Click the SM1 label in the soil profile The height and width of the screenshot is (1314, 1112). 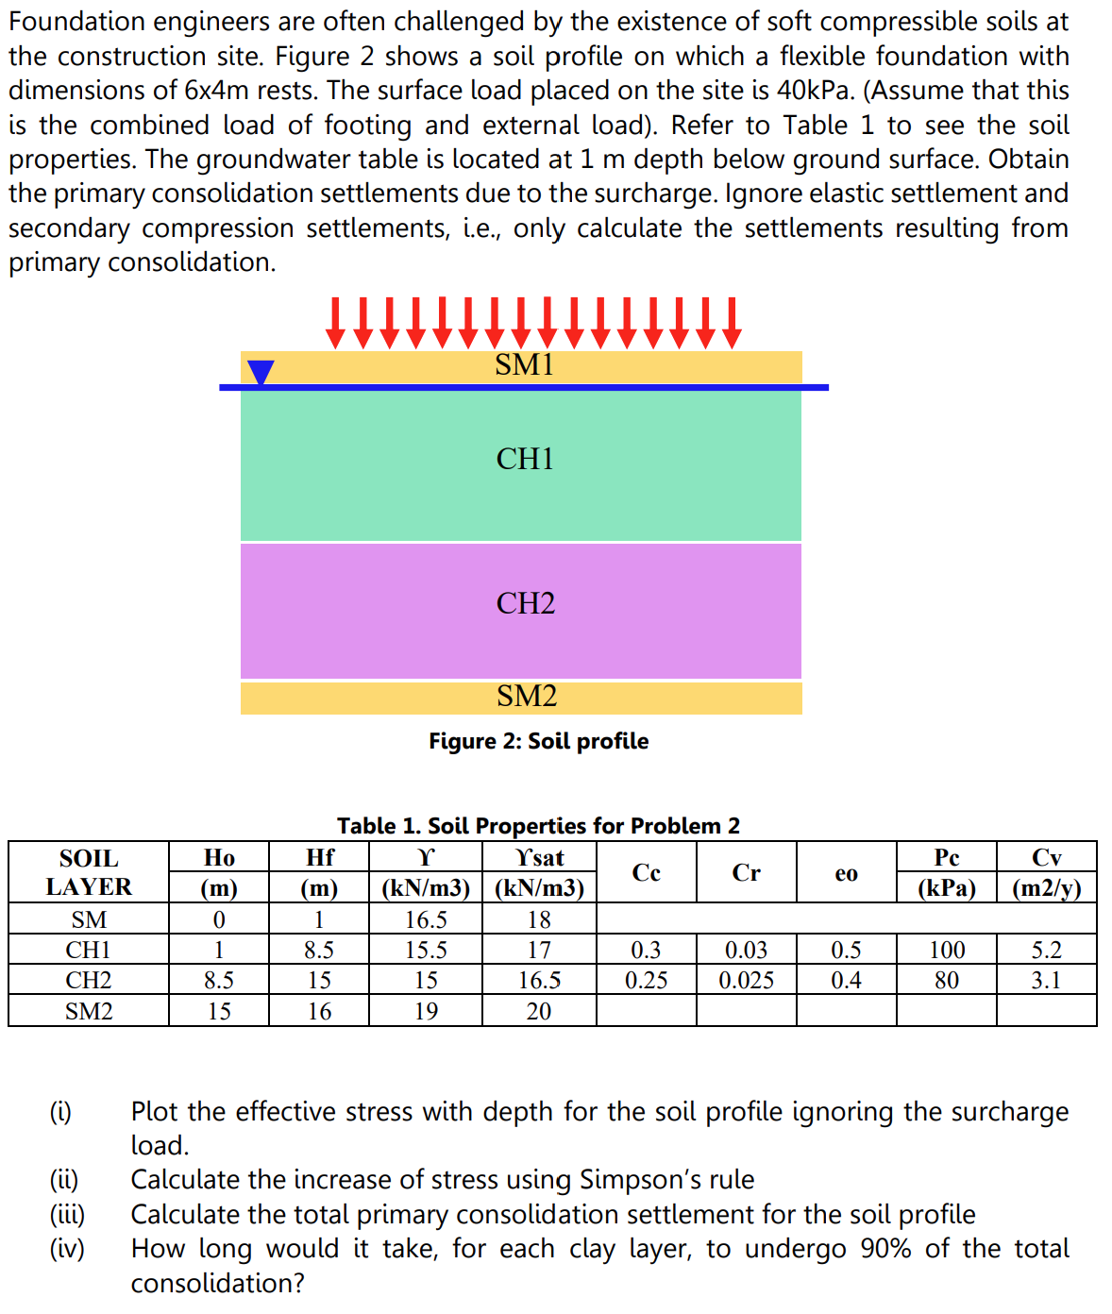click(524, 364)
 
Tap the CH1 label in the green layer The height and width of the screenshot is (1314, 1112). click(525, 459)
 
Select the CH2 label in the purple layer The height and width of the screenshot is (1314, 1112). click(526, 603)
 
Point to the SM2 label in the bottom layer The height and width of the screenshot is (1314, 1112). click(527, 697)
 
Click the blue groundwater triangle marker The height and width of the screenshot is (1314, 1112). click(261, 373)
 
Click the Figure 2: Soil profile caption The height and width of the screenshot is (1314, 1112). click(538, 741)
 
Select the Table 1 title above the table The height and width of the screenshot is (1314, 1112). click(538, 826)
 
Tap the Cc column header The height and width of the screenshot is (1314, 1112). click(647, 872)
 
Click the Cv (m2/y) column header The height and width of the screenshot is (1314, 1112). click(1046, 872)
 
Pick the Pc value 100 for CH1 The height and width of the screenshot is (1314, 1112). click(947, 950)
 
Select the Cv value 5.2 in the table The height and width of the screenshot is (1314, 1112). click(1046, 950)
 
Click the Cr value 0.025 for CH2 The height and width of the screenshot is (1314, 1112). click(746, 981)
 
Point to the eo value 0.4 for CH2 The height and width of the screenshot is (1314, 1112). click(846, 981)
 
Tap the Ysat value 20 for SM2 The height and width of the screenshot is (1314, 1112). click(539, 1012)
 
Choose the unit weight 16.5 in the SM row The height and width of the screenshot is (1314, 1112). click(426, 919)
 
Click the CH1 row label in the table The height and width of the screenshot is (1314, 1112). click(89, 950)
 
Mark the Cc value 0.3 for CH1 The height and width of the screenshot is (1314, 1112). click(647, 950)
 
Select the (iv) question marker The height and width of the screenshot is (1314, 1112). click(67, 1249)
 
